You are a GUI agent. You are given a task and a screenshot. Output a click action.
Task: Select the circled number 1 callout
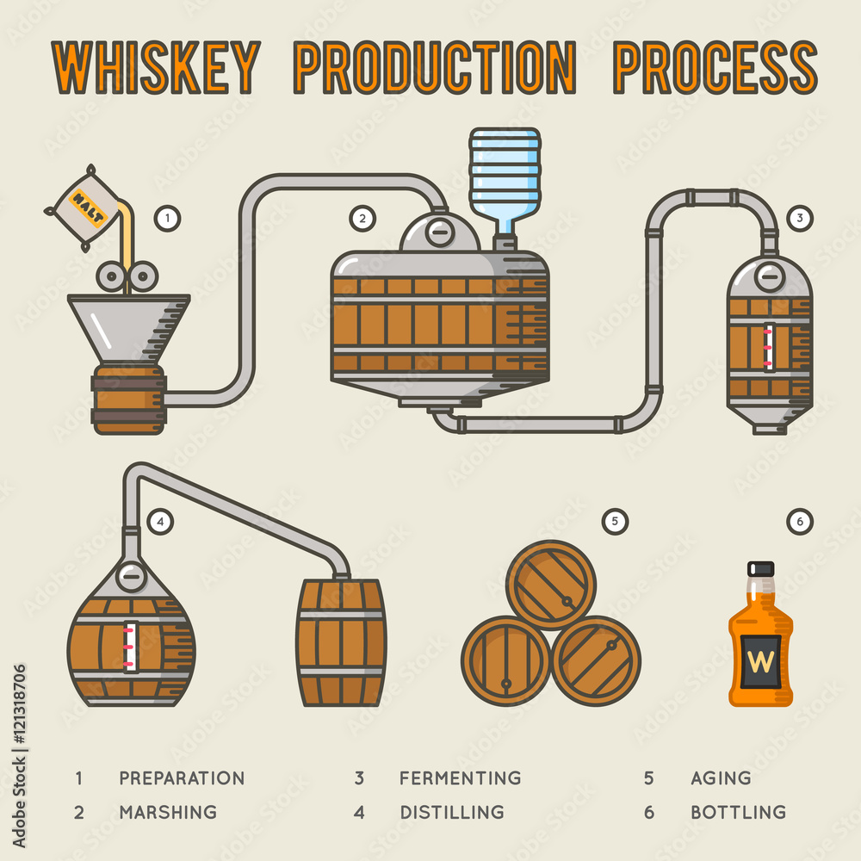tap(167, 219)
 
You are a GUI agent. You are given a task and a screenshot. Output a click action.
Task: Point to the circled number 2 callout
tap(362, 219)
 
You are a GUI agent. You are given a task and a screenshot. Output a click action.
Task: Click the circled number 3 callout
tap(800, 219)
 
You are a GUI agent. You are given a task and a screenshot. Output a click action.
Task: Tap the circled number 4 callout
tap(160, 520)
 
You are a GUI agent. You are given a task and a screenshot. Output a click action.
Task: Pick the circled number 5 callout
tap(615, 520)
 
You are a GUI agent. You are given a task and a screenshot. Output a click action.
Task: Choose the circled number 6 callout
tap(800, 520)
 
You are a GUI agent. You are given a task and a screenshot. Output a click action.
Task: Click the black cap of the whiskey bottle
tap(761, 569)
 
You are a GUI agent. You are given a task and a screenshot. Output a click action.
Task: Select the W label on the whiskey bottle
tap(761, 661)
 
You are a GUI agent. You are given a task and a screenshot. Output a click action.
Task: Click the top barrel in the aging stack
tap(551, 584)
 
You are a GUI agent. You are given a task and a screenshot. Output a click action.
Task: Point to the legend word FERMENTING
tap(460, 778)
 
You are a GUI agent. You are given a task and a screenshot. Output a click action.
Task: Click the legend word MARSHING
tap(168, 812)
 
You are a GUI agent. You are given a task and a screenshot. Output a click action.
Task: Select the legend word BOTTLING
tap(738, 812)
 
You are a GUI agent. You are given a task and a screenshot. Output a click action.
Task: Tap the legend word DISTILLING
tap(452, 812)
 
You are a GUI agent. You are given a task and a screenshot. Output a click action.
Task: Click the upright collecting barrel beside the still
tap(341, 642)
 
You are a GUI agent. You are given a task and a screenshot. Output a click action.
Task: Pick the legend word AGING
tap(721, 778)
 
